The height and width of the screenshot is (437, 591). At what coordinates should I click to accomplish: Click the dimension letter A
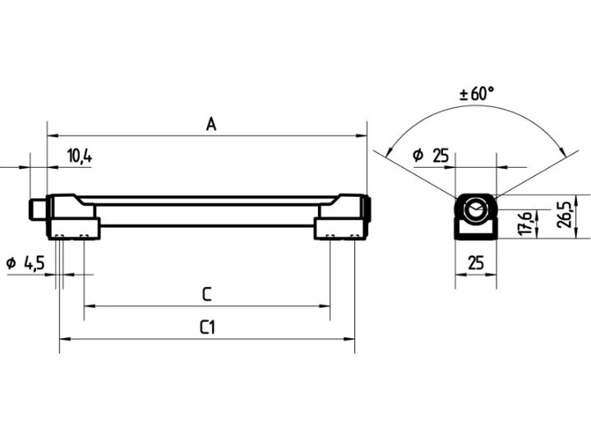pos(211,123)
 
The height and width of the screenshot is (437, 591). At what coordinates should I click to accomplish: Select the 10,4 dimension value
pos(80,156)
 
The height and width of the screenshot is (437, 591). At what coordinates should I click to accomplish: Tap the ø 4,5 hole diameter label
pos(25,263)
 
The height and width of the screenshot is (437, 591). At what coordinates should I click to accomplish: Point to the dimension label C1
pos(208,328)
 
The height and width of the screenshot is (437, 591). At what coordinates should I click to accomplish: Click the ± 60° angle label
pos(477,94)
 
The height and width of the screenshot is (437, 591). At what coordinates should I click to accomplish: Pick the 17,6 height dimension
pos(525,223)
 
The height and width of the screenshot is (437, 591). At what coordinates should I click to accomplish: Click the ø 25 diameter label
pos(431,155)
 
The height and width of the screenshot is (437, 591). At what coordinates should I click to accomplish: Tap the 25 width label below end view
pos(476,263)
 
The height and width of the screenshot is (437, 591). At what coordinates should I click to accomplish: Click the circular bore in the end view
pos(476,209)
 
